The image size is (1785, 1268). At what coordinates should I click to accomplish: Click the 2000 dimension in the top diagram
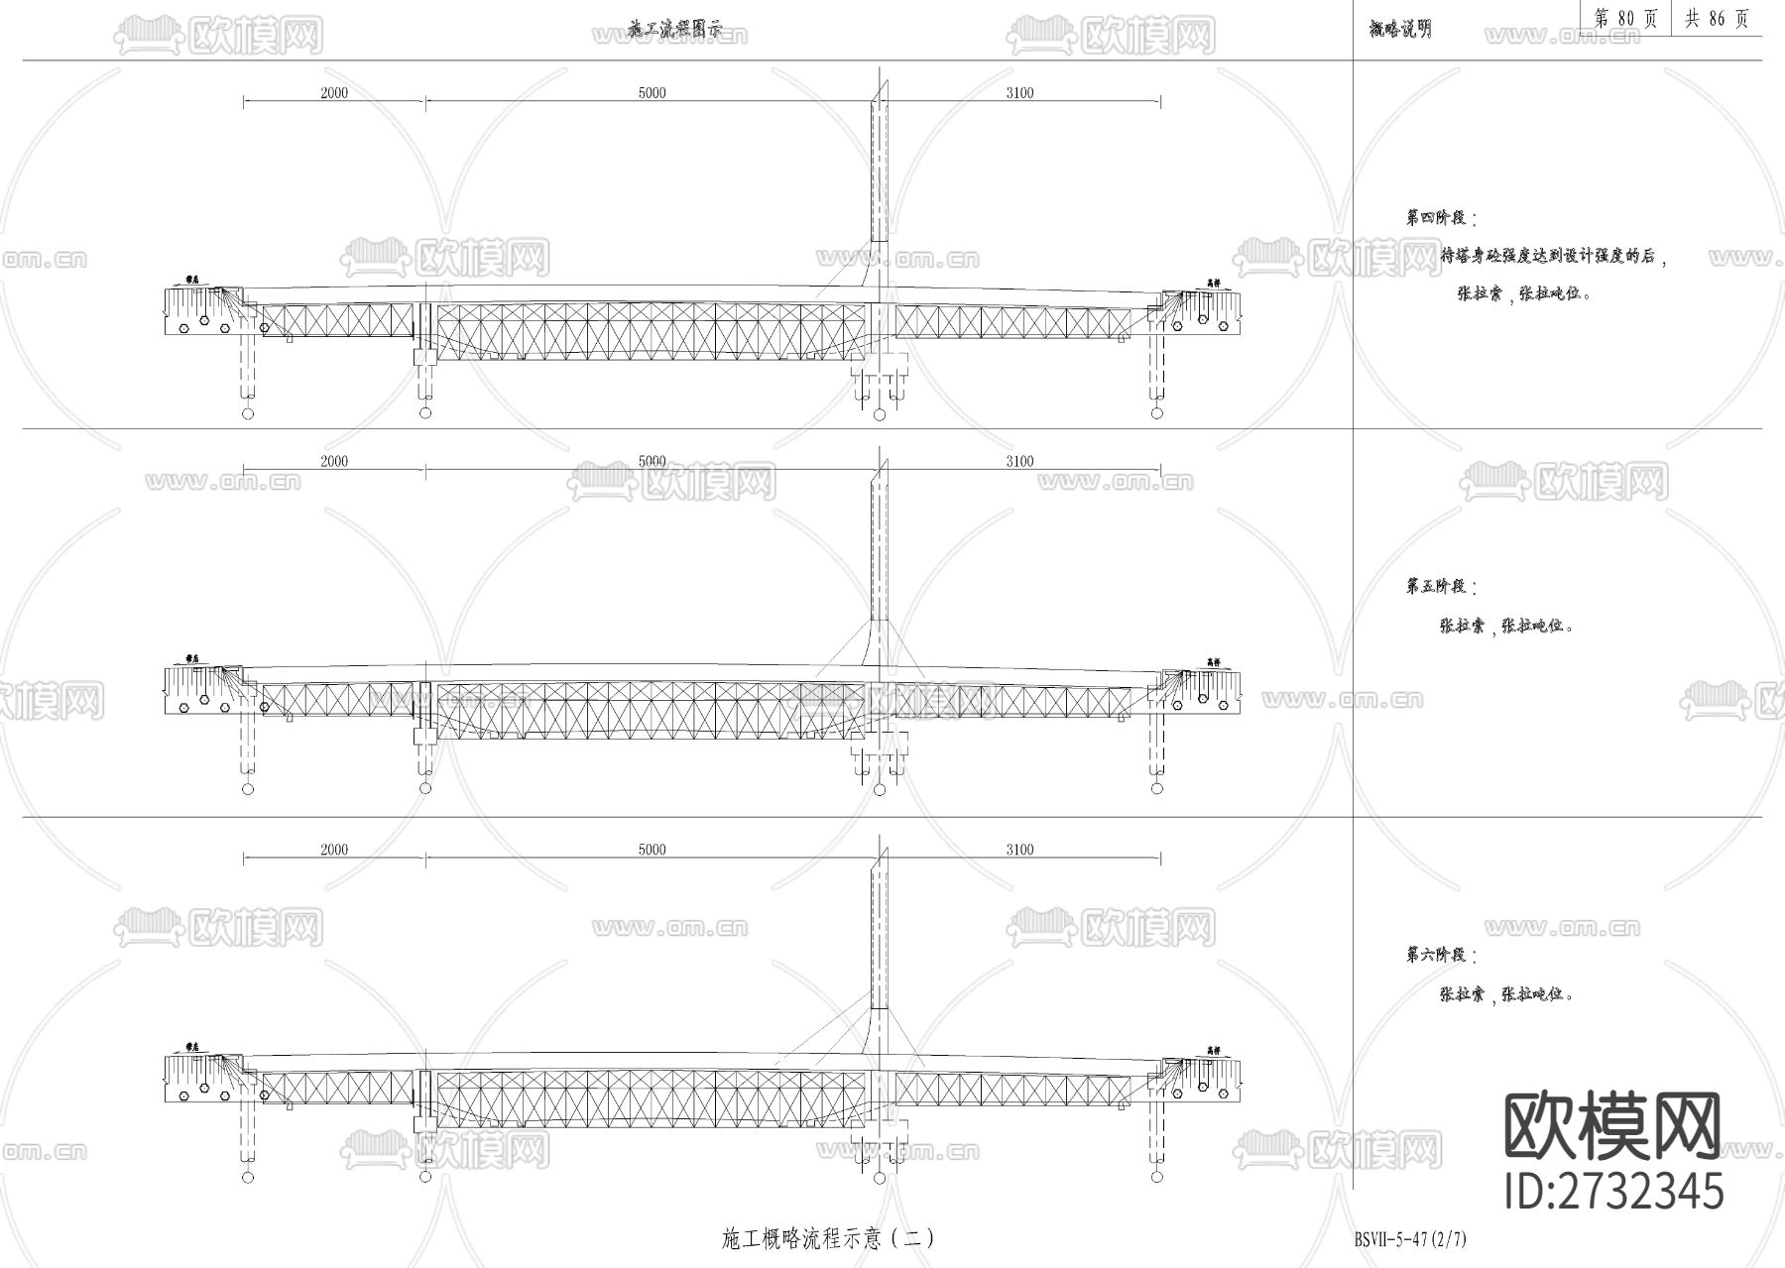(334, 93)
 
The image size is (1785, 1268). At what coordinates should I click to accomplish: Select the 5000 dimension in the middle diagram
(652, 461)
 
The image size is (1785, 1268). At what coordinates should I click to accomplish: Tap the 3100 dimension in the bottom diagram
(1019, 850)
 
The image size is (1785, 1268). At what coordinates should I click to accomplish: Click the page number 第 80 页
(1627, 19)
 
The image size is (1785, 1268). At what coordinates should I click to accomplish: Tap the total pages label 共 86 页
(1717, 19)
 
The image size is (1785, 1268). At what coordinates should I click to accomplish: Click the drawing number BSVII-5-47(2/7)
(1409, 1239)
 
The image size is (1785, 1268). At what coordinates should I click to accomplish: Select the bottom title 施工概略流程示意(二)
(827, 1238)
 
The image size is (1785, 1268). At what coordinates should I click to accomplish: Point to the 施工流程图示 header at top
(674, 31)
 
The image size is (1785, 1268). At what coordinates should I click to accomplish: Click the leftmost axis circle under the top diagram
(248, 412)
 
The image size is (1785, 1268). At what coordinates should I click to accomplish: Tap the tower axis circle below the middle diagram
(879, 789)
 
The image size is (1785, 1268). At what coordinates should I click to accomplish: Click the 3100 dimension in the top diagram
(1019, 93)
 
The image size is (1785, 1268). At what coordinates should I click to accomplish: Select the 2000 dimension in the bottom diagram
(334, 850)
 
